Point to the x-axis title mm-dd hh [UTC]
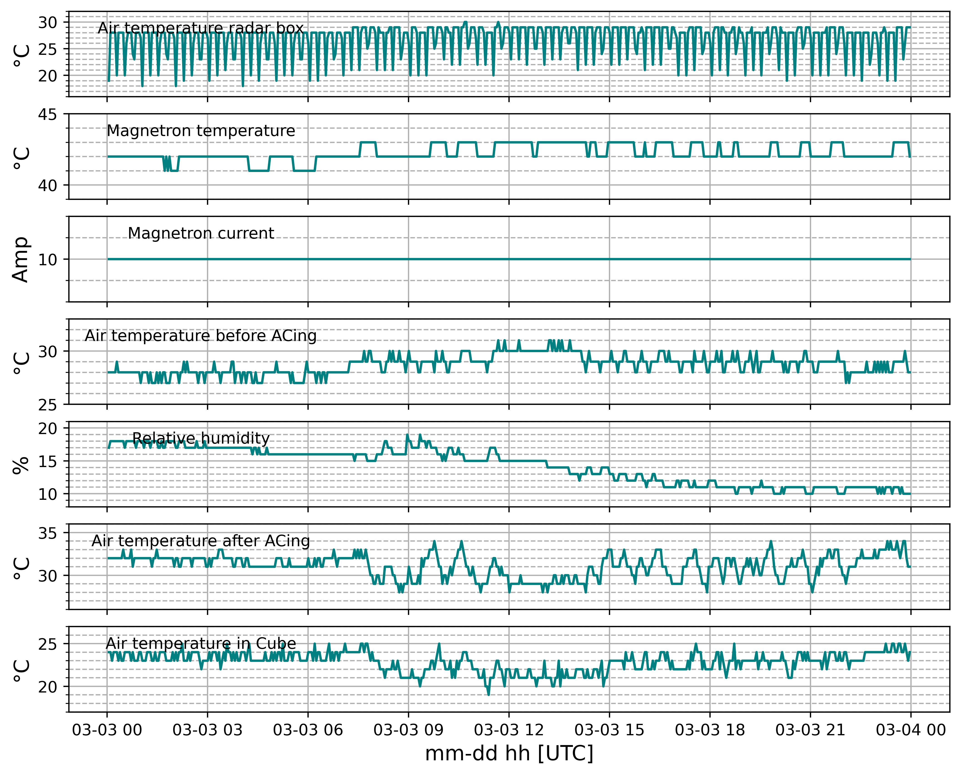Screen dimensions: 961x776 [509, 754]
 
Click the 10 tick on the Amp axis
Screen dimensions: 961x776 [47, 259]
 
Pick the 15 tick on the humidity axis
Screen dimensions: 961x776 [47, 461]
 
